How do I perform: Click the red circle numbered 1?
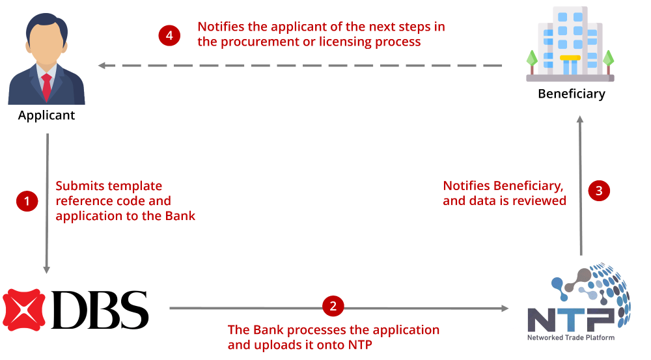click(27, 201)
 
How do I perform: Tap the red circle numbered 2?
click(333, 306)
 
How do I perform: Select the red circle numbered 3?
click(599, 191)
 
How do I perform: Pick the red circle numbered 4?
click(169, 35)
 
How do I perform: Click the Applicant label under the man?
click(46, 115)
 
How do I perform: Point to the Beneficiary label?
click(572, 94)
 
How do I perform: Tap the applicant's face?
click(46, 44)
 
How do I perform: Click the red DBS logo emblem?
click(23, 310)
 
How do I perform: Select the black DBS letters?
click(100, 310)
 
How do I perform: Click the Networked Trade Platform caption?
click(571, 338)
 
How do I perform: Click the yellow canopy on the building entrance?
click(570, 58)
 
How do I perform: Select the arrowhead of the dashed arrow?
click(102, 66)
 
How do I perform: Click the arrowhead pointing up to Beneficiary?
click(580, 119)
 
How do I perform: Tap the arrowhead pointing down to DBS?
click(47, 270)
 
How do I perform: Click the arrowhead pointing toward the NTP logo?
click(505, 308)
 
